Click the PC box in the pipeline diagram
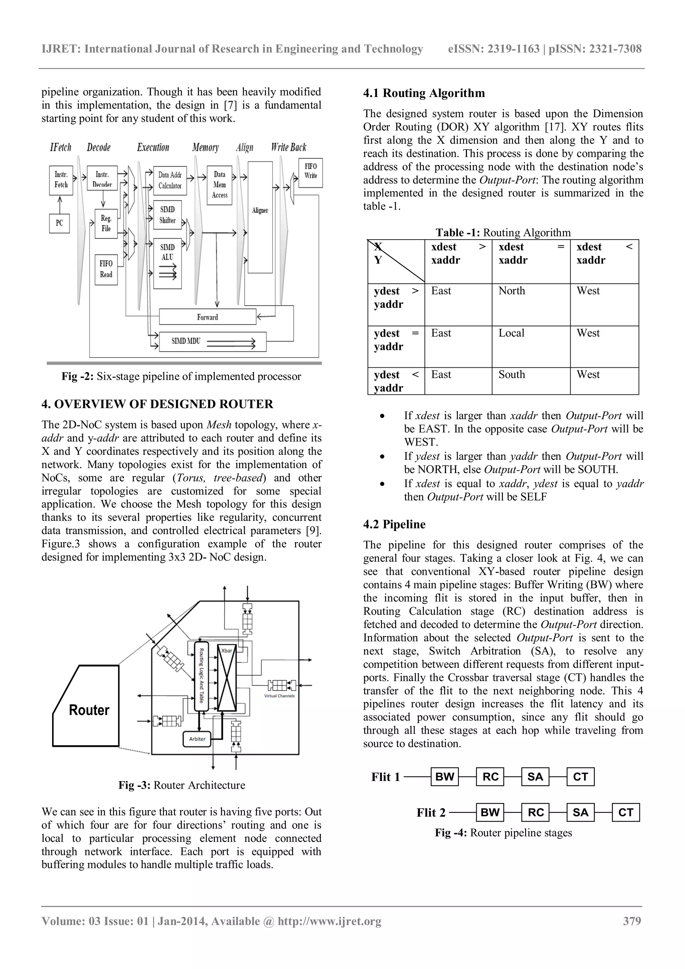tap(60, 223)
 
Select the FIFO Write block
tap(310, 172)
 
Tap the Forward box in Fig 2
tap(207, 317)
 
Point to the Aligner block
tap(260, 210)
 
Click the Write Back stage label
tap(289, 147)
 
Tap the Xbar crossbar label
tap(226, 650)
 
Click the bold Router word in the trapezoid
tap(89, 710)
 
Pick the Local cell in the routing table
tap(511, 333)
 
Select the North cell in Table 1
tap(512, 291)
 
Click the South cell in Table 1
tap(512, 374)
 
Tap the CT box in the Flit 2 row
tap(625, 812)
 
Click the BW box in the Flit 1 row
tap(445, 777)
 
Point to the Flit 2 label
tap(431, 813)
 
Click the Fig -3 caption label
tap(134, 785)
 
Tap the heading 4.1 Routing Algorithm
tap(424, 93)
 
